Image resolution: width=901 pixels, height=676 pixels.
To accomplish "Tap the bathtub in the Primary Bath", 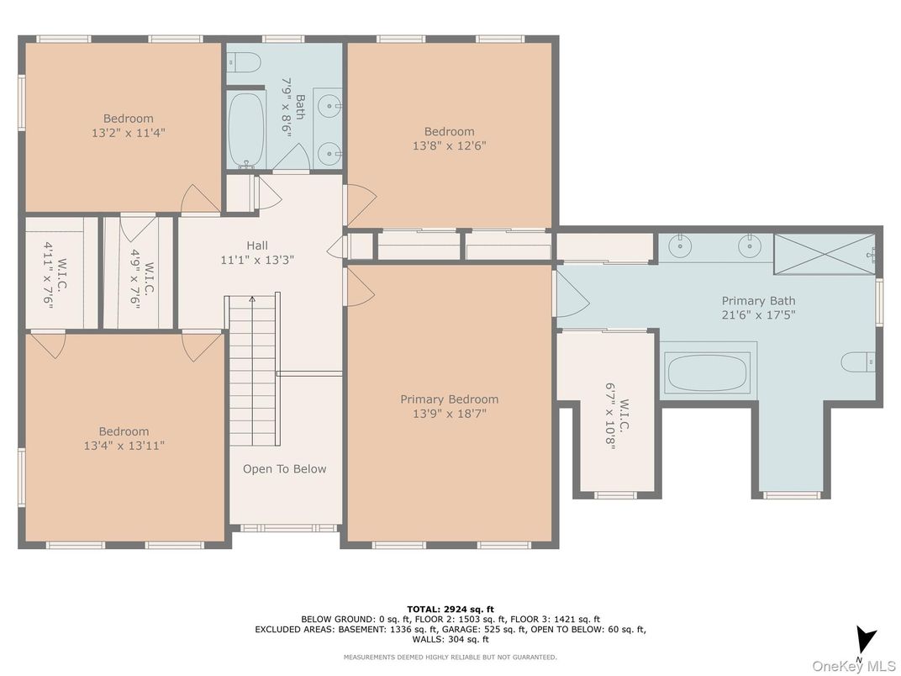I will (707, 372).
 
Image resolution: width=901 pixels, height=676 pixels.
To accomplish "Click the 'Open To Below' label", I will (284, 469).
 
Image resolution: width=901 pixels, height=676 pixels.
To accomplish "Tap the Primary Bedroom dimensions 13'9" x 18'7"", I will (449, 414).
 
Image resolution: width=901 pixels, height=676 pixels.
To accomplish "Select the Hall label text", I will (257, 246).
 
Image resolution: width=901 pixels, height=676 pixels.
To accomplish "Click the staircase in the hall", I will (253, 370).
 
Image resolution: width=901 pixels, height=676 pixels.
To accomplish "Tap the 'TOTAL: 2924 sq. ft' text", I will (450, 608).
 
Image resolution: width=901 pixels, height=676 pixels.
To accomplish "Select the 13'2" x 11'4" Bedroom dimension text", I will (129, 133).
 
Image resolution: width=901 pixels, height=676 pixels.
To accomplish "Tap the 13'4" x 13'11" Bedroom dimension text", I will (124, 446).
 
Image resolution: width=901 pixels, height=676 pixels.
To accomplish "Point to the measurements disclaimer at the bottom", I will (450, 657).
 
